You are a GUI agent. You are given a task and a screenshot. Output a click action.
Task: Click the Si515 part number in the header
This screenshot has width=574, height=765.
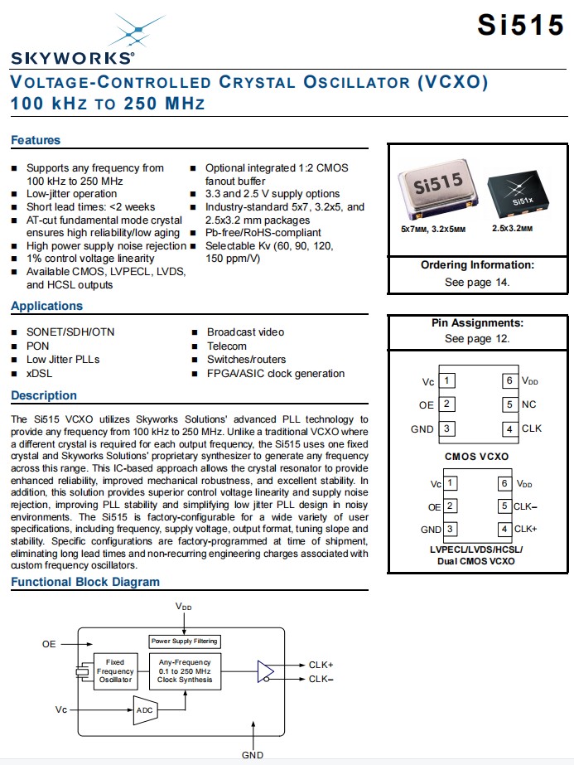coord(519,26)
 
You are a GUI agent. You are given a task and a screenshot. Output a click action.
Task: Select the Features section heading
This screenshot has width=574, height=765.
coord(36,140)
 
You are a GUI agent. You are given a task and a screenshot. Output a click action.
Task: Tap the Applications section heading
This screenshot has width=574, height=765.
coord(46,306)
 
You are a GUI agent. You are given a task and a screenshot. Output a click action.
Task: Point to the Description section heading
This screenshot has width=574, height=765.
coord(44,395)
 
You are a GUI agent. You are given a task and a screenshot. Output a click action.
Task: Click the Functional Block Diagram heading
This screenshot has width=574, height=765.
coord(85,582)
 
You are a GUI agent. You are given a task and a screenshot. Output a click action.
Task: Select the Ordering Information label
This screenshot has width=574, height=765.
coord(477,265)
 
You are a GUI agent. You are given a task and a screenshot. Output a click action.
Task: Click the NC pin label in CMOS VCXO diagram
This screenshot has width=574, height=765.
coord(528,404)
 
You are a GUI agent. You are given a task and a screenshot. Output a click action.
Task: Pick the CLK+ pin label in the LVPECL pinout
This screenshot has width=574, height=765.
coord(525,528)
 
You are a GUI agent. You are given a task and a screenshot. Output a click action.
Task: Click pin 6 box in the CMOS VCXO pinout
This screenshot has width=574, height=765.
coord(509,380)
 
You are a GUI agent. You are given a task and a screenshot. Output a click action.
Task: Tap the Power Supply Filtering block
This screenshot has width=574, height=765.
coord(185,641)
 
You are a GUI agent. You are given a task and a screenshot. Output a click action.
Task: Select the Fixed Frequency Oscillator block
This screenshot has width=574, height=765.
coord(115,671)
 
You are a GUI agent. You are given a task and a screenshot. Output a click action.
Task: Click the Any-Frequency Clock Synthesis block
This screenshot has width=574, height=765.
coord(185,671)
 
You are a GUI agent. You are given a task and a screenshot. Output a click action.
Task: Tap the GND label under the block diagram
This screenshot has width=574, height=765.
coord(252,754)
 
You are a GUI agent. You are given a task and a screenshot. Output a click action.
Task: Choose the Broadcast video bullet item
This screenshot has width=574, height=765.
coord(245,332)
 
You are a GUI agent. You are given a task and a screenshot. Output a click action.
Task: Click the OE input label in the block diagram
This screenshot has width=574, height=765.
coord(49,643)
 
